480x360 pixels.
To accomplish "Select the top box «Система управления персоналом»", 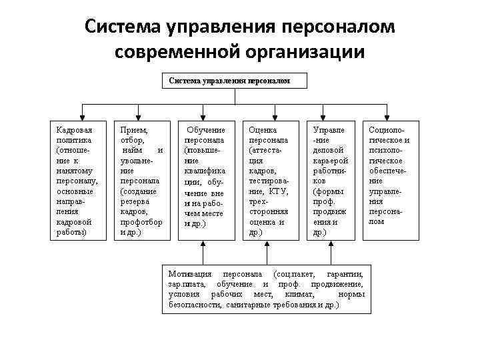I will [235, 81].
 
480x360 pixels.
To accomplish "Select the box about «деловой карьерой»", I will [330, 180].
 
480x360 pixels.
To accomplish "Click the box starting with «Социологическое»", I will [390, 180].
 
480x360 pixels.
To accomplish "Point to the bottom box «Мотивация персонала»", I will [266, 289].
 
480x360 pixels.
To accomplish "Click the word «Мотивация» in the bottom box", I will [190, 275].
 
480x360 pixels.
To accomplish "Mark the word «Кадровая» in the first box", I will [75, 129].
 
